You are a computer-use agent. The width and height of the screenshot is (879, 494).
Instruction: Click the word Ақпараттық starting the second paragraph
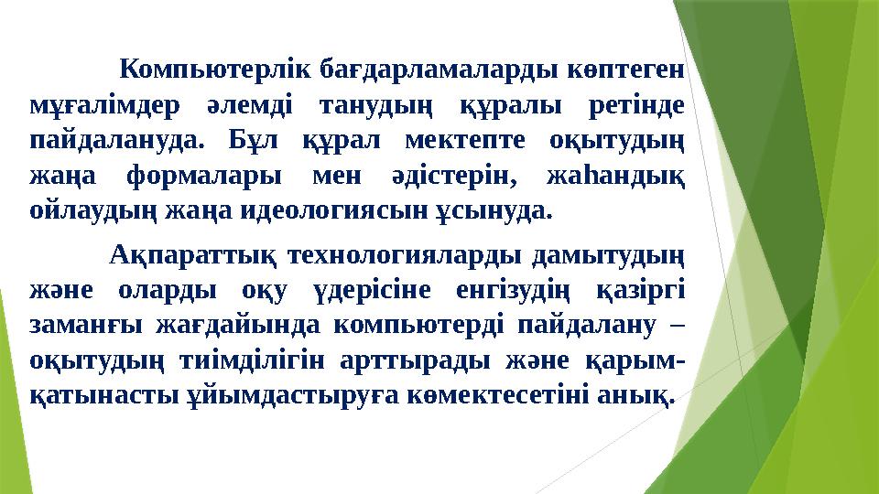point(190,253)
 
